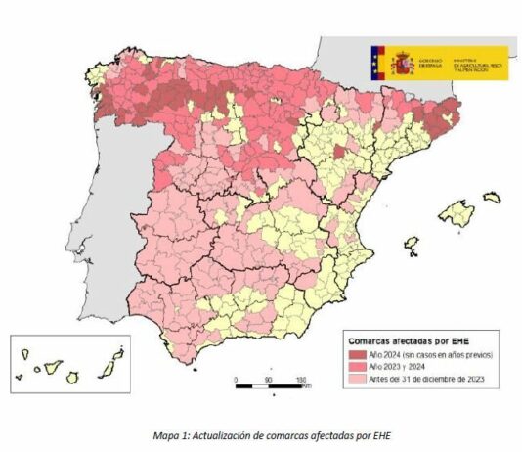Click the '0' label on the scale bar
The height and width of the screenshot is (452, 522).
(236, 379)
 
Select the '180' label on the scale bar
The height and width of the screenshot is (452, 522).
(301, 379)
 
